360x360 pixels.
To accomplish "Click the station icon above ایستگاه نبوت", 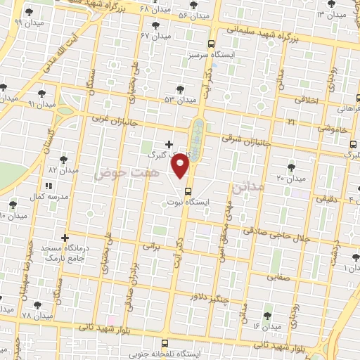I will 188,191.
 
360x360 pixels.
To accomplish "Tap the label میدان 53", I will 179,100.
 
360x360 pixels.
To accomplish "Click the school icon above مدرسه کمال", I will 49,186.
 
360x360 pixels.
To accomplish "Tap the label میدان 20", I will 290,179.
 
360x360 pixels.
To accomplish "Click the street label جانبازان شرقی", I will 241,139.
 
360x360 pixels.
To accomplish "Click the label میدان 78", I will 37,316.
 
